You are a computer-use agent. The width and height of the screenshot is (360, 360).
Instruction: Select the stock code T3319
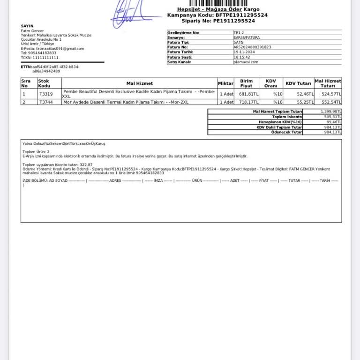(x=46, y=94)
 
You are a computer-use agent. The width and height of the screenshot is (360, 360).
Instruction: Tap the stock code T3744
(x=46, y=102)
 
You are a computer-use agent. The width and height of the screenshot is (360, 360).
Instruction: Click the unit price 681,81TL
(x=248, y=94)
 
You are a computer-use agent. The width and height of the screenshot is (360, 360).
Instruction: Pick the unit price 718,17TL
(x=248, y=102)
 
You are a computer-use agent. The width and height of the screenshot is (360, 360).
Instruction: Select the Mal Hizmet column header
(x=139, y=83)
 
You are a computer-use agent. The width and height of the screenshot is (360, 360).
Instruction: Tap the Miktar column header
(x=225, y=83)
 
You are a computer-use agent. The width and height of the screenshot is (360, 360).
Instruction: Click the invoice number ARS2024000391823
(x=252, y=47)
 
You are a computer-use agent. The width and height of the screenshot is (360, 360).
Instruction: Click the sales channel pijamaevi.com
(x=246, y=62)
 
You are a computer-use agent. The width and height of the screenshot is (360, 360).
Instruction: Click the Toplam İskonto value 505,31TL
(x=332, y=117)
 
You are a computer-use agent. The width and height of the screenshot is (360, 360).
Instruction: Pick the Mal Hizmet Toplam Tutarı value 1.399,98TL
(x=331, y=112)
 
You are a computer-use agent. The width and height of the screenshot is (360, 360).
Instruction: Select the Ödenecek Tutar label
(x=286, y=132)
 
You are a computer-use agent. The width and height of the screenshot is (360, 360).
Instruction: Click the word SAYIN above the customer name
(x=27, y=26)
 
